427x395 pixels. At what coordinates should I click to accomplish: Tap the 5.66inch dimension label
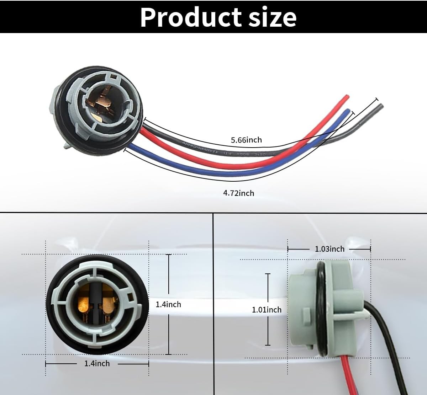pos(246,140)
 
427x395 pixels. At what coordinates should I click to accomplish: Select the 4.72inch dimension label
pos(238,193)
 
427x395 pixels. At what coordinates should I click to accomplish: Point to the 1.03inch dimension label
pos(330,249)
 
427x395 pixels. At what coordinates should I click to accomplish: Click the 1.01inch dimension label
pos(267,310)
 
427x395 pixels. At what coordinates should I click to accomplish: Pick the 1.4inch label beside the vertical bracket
pos(168,304)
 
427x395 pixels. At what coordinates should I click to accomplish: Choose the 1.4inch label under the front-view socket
pos(97,363)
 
